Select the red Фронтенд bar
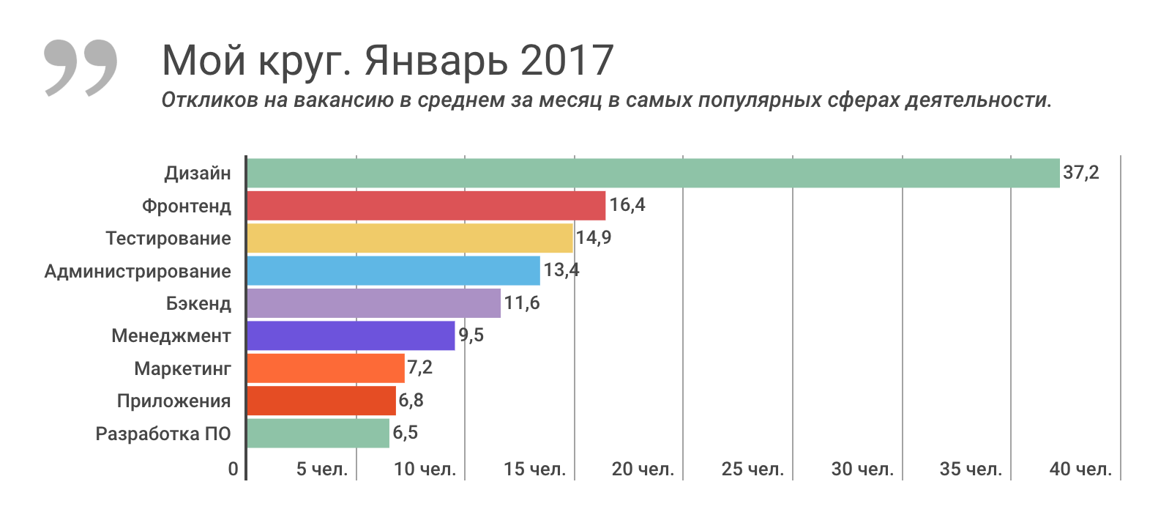(426, 206)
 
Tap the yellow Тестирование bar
(410, 238)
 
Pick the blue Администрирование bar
(393, 271)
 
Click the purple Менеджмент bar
(351, 335)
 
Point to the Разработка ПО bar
(318, 433)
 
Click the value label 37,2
(1080, 173)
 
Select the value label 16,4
(627, 205)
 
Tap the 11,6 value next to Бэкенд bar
(521, 303)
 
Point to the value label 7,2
(419, 368)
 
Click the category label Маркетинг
(182, 368)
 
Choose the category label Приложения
(173, 401)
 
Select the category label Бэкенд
(198, 303)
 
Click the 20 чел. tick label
(643, 469)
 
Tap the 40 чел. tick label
(1080, 469)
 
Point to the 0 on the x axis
(233, 469)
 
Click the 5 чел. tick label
(322, 469)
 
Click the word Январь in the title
(436, 61)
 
